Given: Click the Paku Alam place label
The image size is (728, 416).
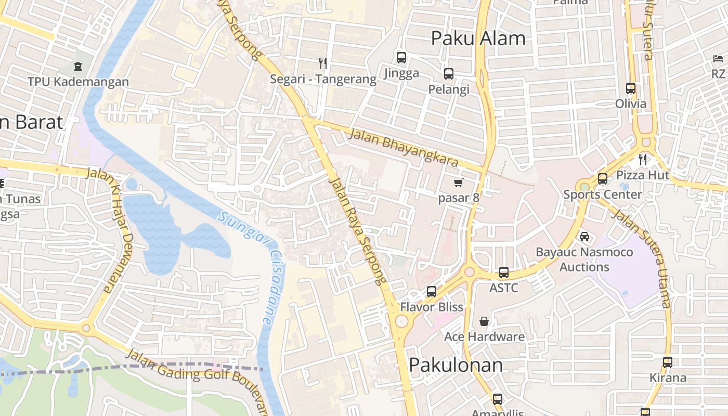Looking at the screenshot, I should (x=478, y=38).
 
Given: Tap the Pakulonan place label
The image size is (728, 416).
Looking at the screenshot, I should (x=456, y=365).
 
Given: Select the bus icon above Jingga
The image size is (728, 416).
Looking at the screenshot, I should (x=401, y=58).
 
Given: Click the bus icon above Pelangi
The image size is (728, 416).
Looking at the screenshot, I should (x=448, y=74).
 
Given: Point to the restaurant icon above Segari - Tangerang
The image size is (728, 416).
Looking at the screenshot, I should (x=323, y=63).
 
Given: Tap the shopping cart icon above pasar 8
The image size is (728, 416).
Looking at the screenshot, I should (x=458, y=183).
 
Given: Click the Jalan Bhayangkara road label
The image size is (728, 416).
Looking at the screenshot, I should (x=404, y=148).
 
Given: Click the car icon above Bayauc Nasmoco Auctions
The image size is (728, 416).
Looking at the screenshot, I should (x=584, y=237).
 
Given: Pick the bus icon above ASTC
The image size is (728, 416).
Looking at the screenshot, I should (x=503, y=272).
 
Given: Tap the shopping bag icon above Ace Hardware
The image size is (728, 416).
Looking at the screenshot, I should (x=484, y=321).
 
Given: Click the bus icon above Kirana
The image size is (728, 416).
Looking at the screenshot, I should (x=668, y=362).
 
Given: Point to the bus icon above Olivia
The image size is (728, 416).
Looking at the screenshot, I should (x=630, y=88).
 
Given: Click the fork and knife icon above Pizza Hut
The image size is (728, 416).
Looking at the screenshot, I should (x=643, y=159).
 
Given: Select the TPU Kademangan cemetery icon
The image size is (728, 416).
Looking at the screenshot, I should (x=77, y=67).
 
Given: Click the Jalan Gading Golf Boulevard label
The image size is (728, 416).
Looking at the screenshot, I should (x=198, y=378).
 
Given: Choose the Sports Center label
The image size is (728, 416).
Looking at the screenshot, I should (x=603, y=194).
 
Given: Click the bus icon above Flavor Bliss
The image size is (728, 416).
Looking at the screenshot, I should (x=431, y=292).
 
